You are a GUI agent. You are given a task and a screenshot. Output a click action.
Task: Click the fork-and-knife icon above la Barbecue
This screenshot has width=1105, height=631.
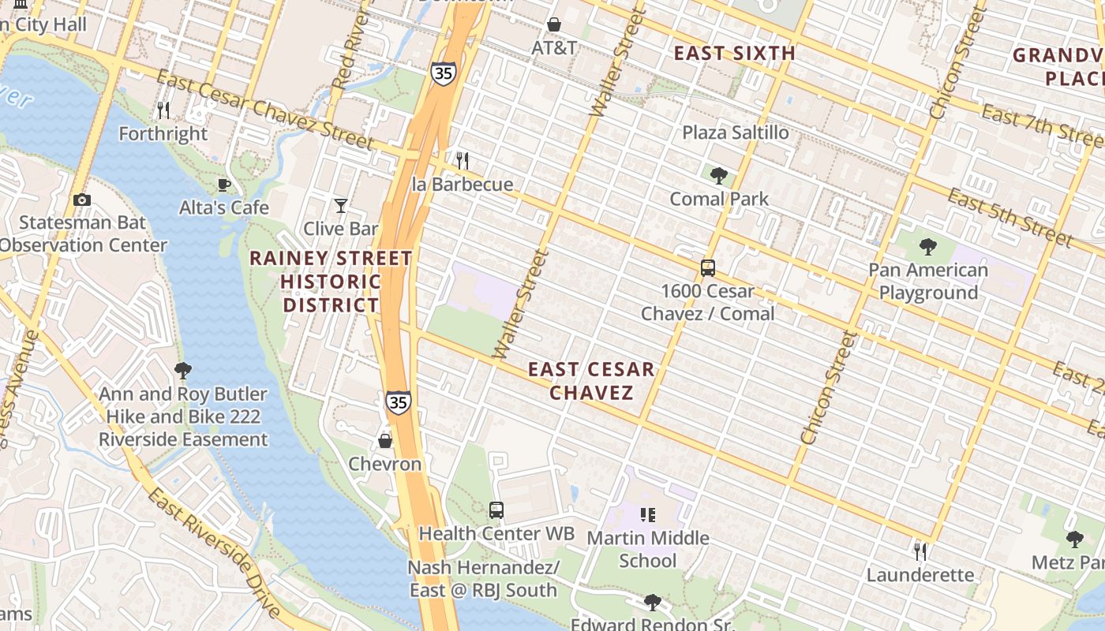(463, 161)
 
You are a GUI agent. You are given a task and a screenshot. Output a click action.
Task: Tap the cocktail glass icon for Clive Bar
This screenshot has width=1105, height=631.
(341, 206)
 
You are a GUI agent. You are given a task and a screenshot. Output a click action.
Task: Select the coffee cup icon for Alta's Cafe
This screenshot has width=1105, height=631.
(224, 185)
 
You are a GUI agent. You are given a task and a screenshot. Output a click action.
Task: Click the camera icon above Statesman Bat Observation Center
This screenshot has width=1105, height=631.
(81, 200)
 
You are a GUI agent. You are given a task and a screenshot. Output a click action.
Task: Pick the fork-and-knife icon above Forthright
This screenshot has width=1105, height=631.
(163, 110)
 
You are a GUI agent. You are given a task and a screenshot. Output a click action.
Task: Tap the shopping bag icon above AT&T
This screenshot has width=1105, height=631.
(554, 24)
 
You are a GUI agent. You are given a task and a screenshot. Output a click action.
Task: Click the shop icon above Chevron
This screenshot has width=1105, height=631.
(385, 440)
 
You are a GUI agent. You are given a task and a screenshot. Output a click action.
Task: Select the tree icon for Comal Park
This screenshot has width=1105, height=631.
(718, 175)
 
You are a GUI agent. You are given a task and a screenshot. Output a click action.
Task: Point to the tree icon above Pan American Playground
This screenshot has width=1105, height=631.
(928, 247)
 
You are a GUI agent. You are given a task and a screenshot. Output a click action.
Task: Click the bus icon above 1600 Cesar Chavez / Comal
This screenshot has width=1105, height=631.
(708, 268)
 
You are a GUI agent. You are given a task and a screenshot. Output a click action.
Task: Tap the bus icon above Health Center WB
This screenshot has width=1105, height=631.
(496, 510)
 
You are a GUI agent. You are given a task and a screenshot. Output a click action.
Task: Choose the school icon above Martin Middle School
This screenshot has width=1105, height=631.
(648, 515)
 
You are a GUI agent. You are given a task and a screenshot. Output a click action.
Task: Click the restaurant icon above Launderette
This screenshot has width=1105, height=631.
(920, 551)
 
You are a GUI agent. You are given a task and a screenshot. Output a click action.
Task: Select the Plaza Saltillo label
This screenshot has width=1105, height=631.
(736, 133)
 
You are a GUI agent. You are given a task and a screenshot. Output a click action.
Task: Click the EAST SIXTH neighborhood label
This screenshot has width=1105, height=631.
(734, 54)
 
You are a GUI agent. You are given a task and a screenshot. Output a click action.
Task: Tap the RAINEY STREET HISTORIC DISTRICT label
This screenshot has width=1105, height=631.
(331, 282)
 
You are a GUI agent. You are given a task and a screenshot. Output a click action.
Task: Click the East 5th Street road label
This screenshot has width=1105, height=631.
(1009, 218)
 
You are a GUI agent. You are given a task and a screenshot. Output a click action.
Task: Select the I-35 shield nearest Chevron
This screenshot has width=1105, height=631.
(399, 402)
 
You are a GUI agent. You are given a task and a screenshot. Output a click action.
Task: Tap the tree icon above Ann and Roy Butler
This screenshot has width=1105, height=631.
(183, 370)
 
